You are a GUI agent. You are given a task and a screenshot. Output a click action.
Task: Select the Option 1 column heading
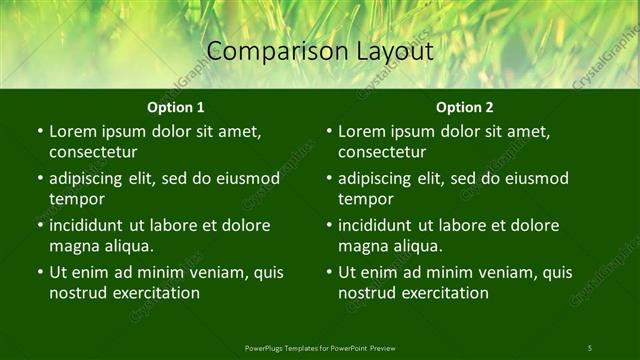[176, 107]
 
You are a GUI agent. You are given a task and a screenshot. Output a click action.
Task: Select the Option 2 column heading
[465, 107]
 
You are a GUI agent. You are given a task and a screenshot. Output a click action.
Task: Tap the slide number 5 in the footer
[589, 347]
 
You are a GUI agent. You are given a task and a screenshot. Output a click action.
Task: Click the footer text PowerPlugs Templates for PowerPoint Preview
[320, 347]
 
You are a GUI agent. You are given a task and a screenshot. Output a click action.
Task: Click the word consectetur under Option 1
[93, 152]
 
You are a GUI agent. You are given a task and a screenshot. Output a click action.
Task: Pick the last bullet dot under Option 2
[328, 272]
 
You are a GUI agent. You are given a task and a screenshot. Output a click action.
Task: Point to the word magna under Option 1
[74, 246]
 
